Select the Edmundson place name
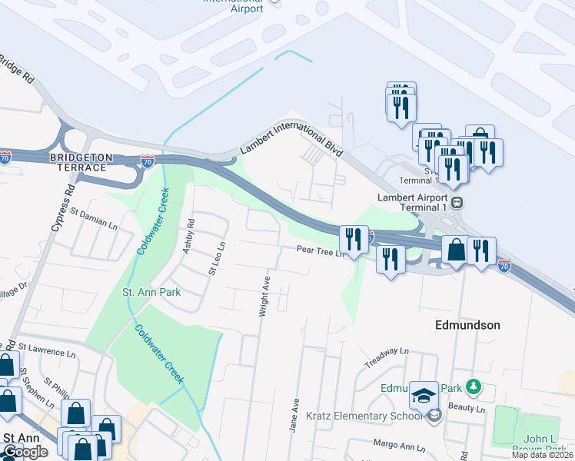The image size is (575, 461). pos(468,325)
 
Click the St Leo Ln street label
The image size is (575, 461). pos(216,258)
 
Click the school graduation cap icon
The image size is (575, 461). pos(423,396)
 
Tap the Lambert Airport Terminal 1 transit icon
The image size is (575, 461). pos(457,203)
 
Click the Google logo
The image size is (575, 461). pos(25,452)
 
